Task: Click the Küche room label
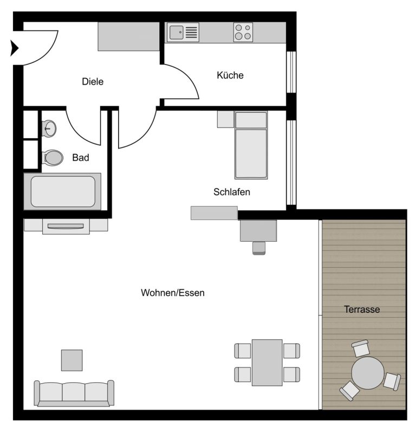pyautogui.click(x=230, y=75)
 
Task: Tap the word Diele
pyautogui.click(x=93, y=81)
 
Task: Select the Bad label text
pyautogui.click(x=80, y=158)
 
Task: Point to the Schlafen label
pyautogui.click(x=231, y=192)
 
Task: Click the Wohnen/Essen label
pyautogui.click(x=173, y=293)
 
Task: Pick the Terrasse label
pyautogui.click(x=362, y=309)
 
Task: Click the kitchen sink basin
pyautogui.click(x=176, y=33)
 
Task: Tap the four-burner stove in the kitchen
pyautogui.click(x=243, y=32)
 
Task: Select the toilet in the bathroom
pyautogui.click(x=53, y=158)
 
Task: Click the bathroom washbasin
pyautogui.click(x=49, y=128)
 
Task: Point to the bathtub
pyautogui.click(x=62, y=191)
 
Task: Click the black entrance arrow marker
pyautogui.click(x=14, y=48)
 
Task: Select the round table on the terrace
pyautogui.click(x=368, y=373)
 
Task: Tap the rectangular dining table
pyautogui.click(x=267, y=362)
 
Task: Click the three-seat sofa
pyautogui.click(x=74, y=394)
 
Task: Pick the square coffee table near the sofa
pyautogui.click(x=71, y=360)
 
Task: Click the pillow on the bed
pyautogui.click(x=251, y=120)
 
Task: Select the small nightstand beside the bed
pyautogui.click(x=225, y=119)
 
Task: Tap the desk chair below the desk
pyautogui.click(x=259, y=248)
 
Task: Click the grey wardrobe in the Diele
pyautogui.click(x=128, y=36)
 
